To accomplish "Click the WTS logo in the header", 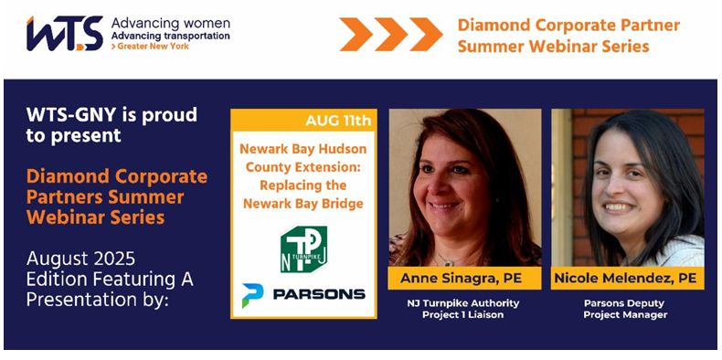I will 64,34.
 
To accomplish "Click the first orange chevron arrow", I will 357,34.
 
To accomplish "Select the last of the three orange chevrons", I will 426,34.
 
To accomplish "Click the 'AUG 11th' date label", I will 339,121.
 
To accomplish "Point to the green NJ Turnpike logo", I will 303,249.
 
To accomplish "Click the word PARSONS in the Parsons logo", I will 318,294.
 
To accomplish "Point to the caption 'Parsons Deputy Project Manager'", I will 628,309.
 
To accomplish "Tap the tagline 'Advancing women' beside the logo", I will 170,22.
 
